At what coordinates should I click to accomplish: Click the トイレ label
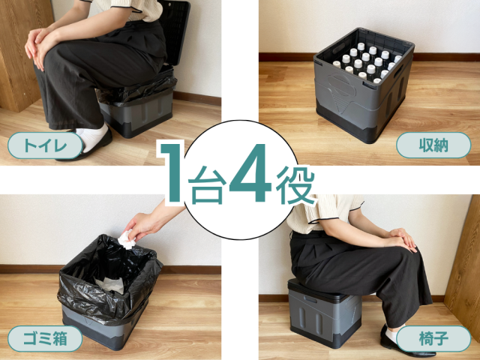45,145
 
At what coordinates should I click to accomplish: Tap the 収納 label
433,145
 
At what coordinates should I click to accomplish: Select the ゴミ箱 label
45,338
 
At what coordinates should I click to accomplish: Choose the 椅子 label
433,338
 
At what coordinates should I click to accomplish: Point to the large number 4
251,172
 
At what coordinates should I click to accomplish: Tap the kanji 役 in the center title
295,185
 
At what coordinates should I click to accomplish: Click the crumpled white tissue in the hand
127,239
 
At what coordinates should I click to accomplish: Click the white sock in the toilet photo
93,137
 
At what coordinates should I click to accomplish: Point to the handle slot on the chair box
310,298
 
